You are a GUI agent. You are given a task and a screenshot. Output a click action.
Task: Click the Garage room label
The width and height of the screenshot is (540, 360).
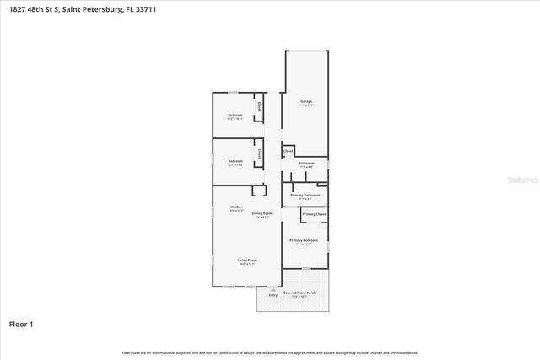coord(306,101)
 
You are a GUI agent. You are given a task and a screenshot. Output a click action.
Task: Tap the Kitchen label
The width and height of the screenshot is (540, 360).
coord(237,207)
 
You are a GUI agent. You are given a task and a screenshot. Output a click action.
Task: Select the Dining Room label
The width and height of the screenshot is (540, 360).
coord(262,213)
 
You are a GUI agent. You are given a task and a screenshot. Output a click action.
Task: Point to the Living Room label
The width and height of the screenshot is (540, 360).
coord(246,261)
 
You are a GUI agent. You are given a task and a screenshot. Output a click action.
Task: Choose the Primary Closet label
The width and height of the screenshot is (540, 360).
coord(314,214)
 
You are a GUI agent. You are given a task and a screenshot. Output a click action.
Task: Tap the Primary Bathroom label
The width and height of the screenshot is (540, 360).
coord(305,195)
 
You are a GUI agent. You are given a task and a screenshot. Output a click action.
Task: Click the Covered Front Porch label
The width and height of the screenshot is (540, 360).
coord(300,293)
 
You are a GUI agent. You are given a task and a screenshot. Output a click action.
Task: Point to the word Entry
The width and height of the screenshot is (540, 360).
coord(273,295)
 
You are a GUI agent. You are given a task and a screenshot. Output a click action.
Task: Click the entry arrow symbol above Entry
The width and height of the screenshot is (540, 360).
coord(273,289)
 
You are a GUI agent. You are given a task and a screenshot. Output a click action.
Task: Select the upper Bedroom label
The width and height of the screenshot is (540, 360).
coord(235,115)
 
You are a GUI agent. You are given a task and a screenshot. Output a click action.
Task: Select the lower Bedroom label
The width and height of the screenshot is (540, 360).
coord(235,161)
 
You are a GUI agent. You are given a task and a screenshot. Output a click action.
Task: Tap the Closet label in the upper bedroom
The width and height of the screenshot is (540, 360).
coord(258,107)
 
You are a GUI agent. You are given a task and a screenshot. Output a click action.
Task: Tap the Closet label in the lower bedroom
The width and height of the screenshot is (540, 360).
coord(258,153)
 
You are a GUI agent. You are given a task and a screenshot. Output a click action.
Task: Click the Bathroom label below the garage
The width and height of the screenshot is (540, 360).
coord(305,163)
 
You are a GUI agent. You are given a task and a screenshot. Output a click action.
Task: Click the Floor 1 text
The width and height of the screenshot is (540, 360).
coord(20,323)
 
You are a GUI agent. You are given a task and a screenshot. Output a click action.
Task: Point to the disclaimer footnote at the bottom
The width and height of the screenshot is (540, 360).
coord(269,352)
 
